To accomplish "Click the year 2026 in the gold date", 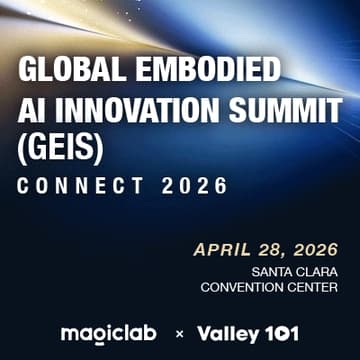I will point(313,249).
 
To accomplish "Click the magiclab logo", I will point(110,333).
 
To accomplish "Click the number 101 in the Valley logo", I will point(280,333).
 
